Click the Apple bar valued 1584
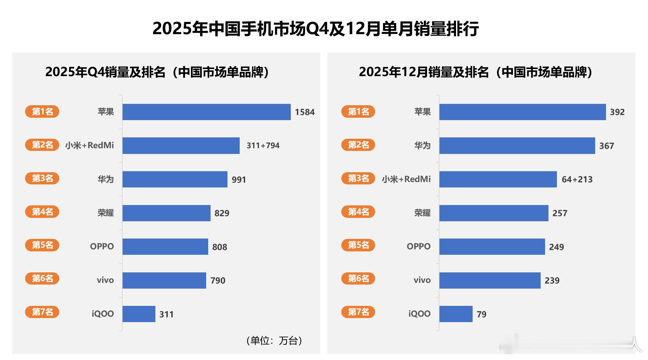[207, 112]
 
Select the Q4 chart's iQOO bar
[139, 314]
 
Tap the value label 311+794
[263, 145]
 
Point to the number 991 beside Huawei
[239, 179]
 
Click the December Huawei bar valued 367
[517, 145]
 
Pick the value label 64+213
[577, 179]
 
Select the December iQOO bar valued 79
[456, 314]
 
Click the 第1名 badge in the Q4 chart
[42, 111]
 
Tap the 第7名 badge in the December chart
[358, 312]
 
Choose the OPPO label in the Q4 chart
[102, 246]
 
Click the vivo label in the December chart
[422, 280]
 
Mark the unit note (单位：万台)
[274, 340]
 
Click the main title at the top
[316, 28]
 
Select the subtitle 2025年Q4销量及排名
[157, 72]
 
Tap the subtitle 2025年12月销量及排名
[475, 72]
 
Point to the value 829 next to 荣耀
[222, 213]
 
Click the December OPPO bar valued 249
[492, 246]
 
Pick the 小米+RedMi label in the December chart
[406, 179]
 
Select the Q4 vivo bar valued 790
[164, 280]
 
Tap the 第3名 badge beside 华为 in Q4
[42, 178]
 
